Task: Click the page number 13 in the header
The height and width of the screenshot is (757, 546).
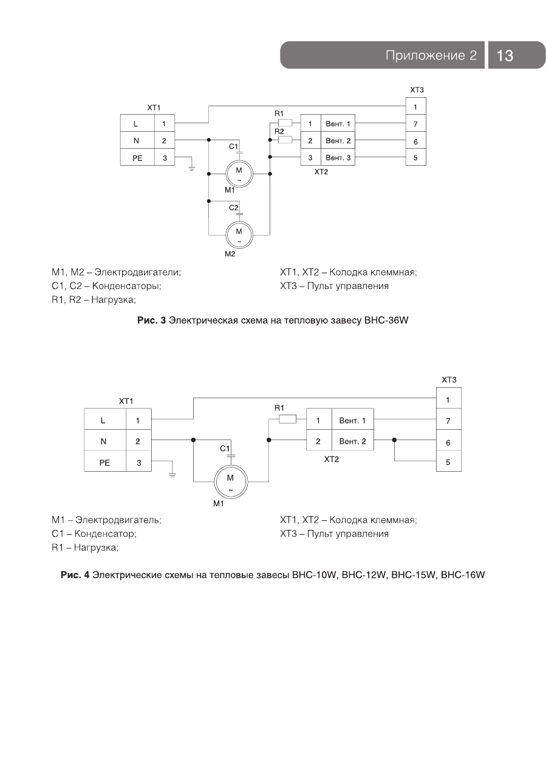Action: [505, 56]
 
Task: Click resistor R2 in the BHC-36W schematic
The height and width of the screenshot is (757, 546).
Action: [284, 140]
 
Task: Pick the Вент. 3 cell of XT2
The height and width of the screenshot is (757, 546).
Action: [339, 158]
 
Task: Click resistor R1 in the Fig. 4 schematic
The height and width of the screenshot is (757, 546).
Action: [287, 419]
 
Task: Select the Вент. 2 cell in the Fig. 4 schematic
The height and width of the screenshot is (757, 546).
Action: [352, 441]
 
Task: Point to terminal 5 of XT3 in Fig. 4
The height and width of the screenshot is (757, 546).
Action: [448, 463]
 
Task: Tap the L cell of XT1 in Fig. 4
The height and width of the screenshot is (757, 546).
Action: [103, 419]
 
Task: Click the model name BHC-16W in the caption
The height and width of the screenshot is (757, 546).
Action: [463, 574]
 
